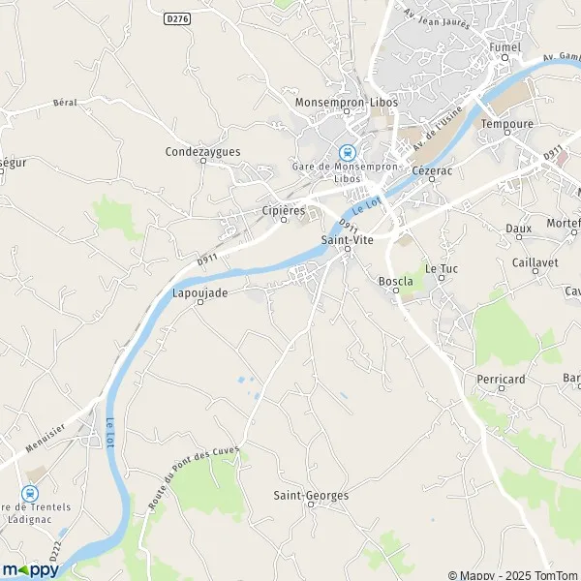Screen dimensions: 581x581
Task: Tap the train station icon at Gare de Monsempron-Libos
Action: (346, 152)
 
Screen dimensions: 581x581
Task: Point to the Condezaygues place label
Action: (202, 151)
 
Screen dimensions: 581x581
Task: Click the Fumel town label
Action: (505, 46)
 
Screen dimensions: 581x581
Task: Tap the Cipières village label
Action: (284, 209)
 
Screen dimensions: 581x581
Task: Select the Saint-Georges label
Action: (311, 495)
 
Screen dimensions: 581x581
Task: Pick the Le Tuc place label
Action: (441, 267)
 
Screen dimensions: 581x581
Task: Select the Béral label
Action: (65, 102)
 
